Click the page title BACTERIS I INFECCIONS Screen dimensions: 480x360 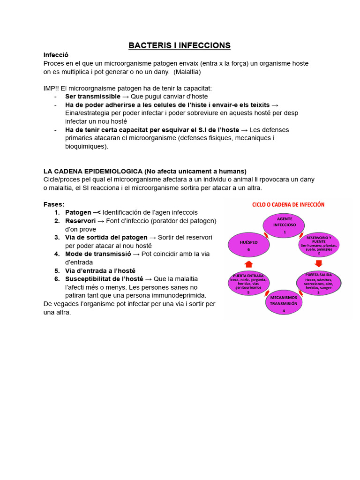click(x=180, y=45)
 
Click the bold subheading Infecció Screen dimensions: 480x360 click(x=56, y=55)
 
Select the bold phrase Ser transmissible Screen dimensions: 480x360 click(x=93, y=96)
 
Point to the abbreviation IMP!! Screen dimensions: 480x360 click(x=52, y=88)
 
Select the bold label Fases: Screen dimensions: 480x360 click(x=54, y=204)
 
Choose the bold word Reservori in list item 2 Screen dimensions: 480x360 click(x=80, y=221)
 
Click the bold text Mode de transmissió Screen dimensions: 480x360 click(x=97, y=254)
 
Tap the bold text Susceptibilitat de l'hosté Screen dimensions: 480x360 click(x=104, y=278)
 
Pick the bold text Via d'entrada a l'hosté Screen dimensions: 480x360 click(x=100, y=270)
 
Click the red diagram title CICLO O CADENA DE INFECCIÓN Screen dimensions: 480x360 click(x=288, y=205)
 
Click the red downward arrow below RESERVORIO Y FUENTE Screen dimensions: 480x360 click(x=318, y=263)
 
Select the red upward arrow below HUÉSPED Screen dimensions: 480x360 click(x=248, y=264)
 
